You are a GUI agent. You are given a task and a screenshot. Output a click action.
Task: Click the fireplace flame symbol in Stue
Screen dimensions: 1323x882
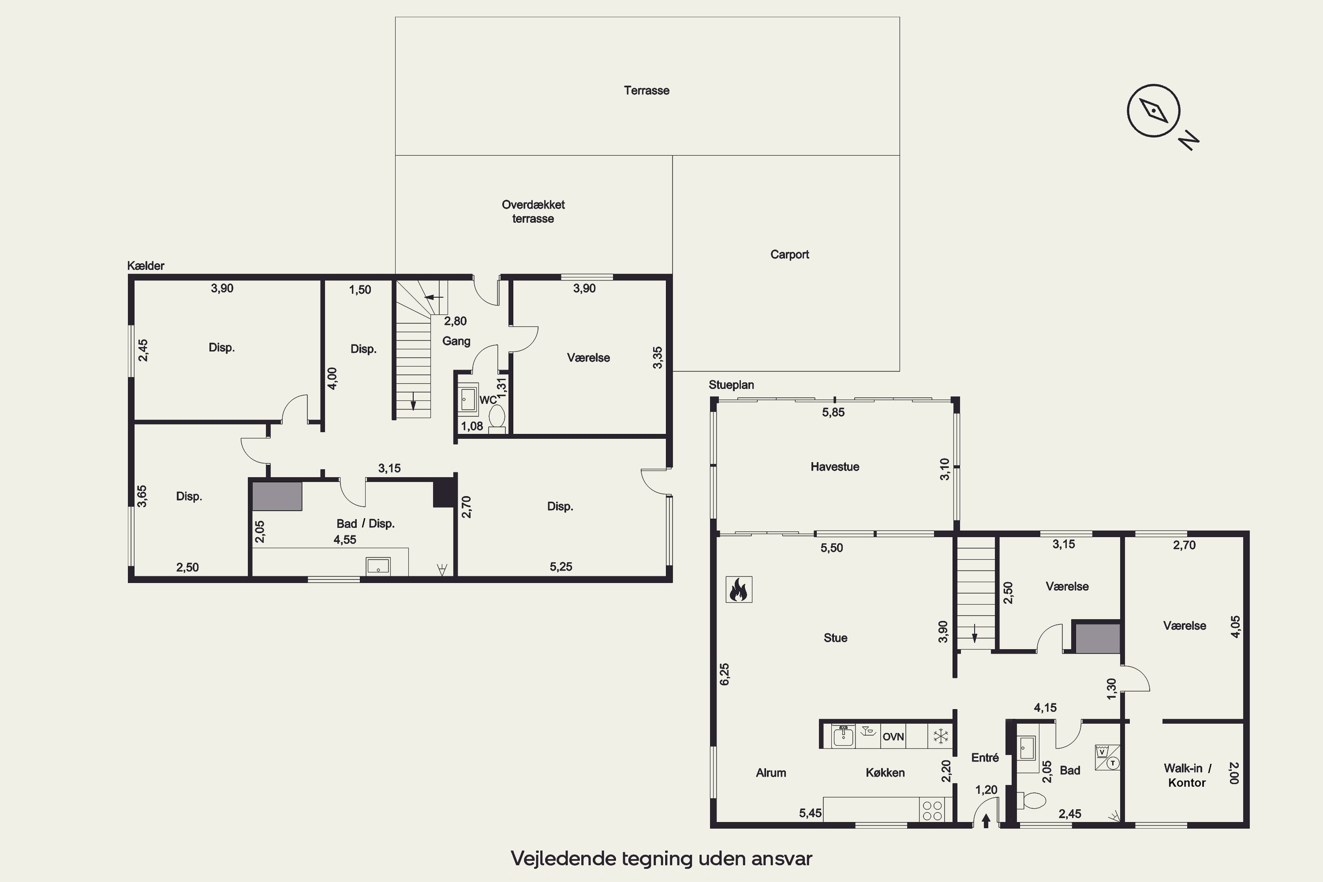coord(739,590)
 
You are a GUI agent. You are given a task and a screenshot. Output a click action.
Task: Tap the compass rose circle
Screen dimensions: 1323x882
coord(1153,110)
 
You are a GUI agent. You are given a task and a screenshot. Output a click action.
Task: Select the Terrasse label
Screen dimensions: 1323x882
coord(647,90)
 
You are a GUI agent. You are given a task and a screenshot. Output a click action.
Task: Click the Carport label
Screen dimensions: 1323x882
coord(790,254)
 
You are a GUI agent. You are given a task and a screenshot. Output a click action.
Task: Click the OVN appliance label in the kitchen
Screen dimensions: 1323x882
coord(893,736)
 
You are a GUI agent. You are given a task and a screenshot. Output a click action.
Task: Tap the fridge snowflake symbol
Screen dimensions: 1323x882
coord(941,736)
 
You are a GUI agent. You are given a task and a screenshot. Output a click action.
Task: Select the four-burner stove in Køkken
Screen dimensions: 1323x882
coord(932,811)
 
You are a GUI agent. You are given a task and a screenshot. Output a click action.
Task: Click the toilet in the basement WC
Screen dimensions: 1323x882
coord(497,419)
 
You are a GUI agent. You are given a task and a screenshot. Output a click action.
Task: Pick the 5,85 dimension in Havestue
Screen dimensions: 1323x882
coord(833,412)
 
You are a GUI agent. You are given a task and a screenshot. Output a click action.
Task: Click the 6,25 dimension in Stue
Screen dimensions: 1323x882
coord(725,674)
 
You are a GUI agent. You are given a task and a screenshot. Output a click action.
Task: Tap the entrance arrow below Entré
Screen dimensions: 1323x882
coord(986,821)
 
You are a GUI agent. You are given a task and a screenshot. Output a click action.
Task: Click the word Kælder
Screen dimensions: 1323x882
coord(146,265)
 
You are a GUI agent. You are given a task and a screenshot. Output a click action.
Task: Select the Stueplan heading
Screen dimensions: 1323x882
coord(731,385)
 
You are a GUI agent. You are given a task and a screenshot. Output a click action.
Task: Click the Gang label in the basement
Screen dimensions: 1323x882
coord(456,341)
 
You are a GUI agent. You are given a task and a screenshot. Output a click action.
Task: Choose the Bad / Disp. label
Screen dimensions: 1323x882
coord(366,524)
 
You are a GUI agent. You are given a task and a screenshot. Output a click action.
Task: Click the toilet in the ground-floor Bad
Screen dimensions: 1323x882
coord(1031,800)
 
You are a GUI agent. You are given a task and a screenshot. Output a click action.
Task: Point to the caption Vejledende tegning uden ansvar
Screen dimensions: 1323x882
coord(661,858)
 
